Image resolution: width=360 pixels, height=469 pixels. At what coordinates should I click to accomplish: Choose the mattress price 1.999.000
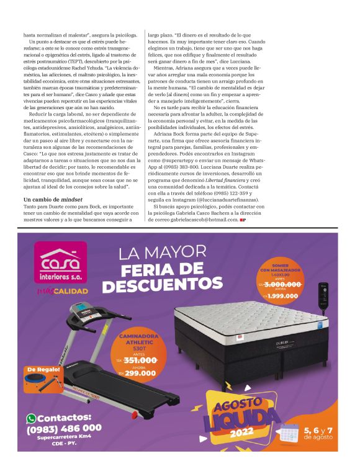coord(286,295)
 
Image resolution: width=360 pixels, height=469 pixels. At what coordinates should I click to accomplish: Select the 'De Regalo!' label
coord(43,370)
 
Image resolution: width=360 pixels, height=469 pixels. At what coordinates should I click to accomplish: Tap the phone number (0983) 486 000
coord(64,428)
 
